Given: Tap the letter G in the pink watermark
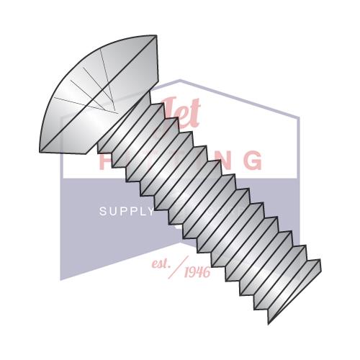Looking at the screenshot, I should (251, 160).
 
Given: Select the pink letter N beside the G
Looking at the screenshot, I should (222, 160).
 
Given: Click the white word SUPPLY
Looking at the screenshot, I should (126, 212).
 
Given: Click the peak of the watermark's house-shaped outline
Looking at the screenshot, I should (180, 81).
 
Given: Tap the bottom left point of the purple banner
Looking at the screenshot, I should (62, 279).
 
